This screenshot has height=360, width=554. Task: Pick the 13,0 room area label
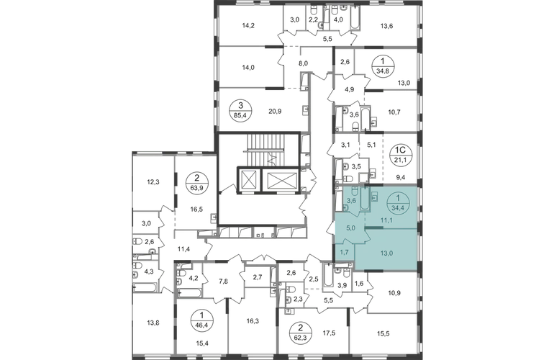[x=387, y=252]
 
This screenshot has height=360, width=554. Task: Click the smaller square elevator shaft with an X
[x=248, y=177]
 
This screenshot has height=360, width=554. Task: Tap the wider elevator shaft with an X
[x=281, y=177]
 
